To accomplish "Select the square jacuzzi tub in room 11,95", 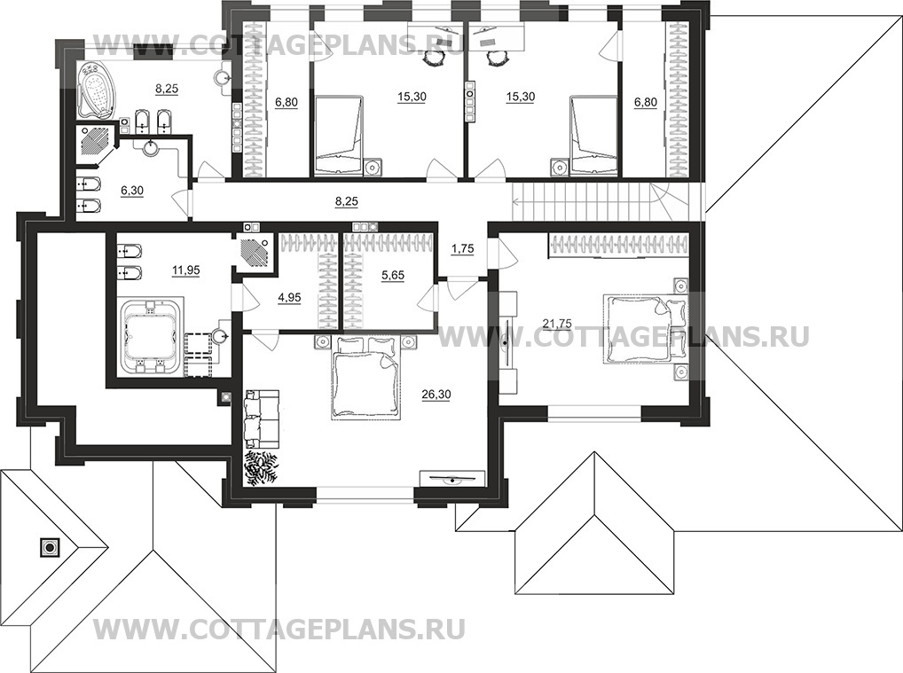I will point(150,340).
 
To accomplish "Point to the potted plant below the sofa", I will point(262,466).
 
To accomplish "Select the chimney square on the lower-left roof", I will point(47,547).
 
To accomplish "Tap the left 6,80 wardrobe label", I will point(286,103).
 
